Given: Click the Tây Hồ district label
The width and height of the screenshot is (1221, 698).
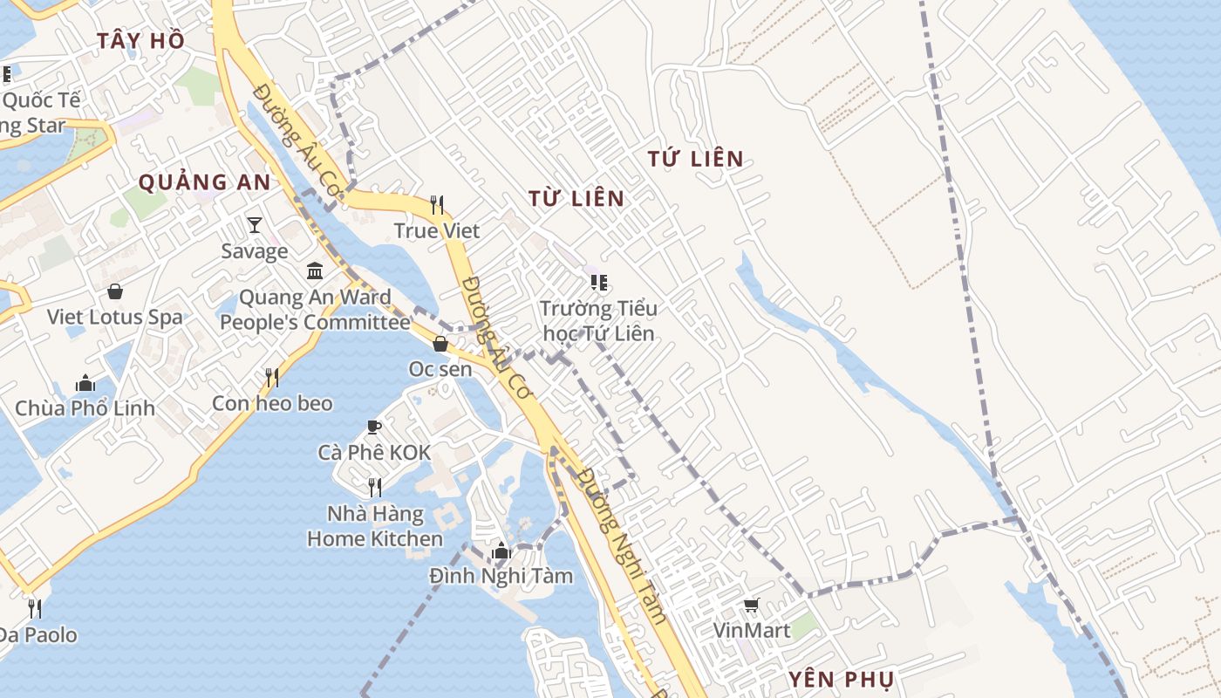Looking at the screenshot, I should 140,40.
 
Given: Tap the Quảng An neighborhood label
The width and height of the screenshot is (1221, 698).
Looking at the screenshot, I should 205,182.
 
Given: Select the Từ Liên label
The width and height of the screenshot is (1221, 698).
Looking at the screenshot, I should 576,199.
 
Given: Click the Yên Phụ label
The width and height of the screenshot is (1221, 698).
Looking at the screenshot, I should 841,680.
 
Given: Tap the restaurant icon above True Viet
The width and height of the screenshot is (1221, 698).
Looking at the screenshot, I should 437,205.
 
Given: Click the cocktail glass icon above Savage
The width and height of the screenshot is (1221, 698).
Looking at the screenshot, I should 254,225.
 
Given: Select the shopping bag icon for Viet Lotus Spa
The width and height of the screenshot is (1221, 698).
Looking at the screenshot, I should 114,291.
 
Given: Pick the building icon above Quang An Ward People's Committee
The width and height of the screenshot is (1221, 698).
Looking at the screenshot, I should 315,271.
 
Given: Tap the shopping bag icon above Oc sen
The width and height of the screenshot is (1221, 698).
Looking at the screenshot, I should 440,344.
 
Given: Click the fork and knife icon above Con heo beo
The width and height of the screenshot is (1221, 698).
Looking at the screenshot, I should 272,377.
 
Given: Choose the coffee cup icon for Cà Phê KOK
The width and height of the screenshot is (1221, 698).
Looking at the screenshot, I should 373,427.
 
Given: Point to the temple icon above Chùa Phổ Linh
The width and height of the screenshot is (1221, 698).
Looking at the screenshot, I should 85,382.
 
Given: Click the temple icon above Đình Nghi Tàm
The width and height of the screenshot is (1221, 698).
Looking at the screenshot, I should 501,551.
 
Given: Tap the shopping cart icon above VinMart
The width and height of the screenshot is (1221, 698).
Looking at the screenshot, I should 751,605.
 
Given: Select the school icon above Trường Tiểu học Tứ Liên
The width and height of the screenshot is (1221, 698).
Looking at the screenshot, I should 598,282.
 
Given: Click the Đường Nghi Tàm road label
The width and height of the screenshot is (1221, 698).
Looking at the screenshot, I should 623,545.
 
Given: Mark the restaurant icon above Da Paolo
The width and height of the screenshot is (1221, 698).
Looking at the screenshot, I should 35,608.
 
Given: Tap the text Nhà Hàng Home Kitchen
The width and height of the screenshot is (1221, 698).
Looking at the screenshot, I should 375,526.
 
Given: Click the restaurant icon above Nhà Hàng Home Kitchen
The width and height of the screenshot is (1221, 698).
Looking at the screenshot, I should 375,487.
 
